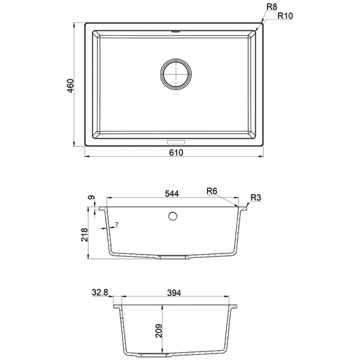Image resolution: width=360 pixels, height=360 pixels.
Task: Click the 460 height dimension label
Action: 71,85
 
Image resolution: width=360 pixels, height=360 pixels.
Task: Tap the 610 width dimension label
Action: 176,153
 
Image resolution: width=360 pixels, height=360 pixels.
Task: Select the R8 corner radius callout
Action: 272,7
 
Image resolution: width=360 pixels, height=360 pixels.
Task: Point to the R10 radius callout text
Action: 285,16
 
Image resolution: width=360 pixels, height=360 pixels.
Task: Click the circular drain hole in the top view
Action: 176,74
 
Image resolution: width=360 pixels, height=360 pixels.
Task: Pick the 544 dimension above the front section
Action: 172,194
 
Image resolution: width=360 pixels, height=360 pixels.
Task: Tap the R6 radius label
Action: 211,191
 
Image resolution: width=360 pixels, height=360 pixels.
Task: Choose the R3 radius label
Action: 256,198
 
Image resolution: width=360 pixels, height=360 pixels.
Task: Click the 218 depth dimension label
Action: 85,234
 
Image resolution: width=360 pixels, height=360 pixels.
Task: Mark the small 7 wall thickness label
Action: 117,224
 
